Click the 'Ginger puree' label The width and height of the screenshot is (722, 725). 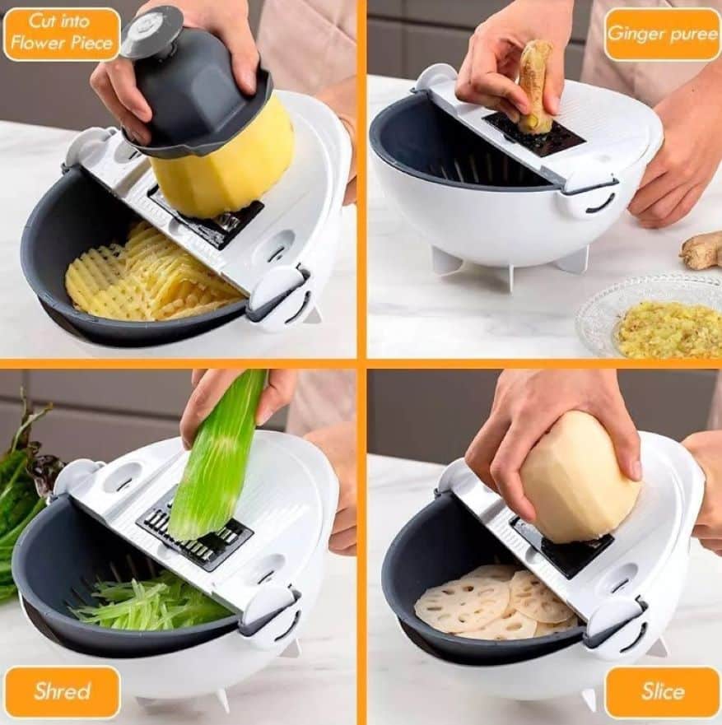pos(662,35)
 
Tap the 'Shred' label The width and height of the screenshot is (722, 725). pos(63,691)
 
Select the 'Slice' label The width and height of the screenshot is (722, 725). pos(663,692)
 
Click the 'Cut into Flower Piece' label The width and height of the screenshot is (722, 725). pos(62,33)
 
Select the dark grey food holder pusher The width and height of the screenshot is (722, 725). pos(194,83)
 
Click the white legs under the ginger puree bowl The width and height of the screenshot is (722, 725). pos(509,263)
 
